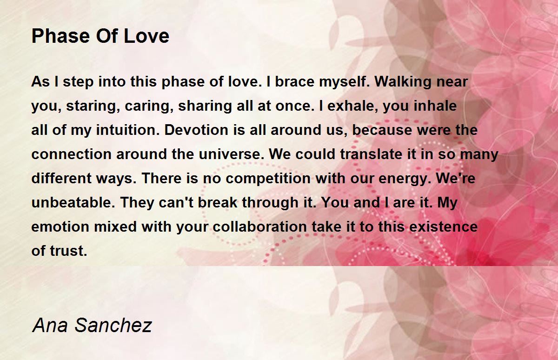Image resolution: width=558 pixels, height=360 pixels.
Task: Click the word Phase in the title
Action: point(60,36)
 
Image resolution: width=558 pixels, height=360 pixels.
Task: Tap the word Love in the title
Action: point(146,36)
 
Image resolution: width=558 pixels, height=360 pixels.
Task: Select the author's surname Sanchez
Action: point(113,325)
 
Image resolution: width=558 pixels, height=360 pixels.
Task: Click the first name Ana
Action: point(50,325)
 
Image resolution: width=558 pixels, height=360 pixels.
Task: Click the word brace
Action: point(295,81)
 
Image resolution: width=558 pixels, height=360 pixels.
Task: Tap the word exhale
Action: point(353,106)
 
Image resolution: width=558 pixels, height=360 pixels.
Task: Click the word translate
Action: point(371,154)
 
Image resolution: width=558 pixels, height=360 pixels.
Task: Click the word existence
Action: point(444,227)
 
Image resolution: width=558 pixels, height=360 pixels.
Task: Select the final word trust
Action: point(68,251)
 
